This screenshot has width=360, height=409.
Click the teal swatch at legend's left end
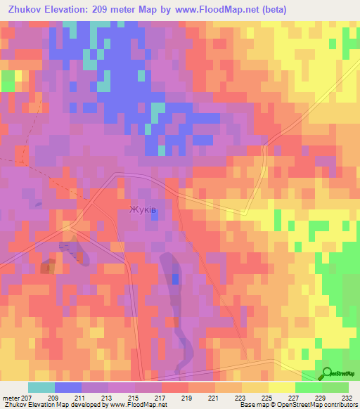pos(41,387)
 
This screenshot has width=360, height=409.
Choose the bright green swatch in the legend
pos(308,387)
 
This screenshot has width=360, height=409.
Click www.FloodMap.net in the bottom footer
pos(138,404)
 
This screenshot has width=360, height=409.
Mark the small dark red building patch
pos(48,266)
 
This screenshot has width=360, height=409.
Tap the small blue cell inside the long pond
pos(175,279)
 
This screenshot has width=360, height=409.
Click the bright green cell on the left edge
pos(7,81)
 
